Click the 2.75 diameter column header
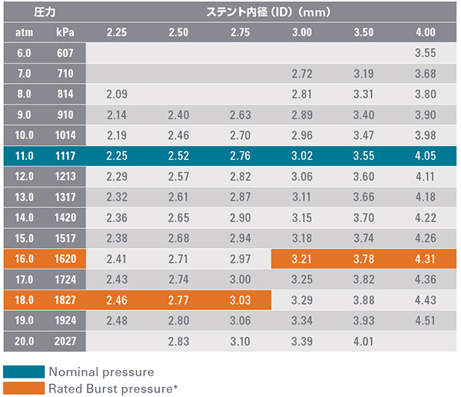(x=240, y=33)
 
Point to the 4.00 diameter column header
(x=425, y=33)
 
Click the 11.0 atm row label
(x=23, y=157)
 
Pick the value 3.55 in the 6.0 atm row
(x=425, y=54)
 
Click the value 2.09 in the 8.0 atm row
(x=117, y=95)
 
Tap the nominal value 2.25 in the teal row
(x=117, y=157)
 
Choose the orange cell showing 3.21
(x=302, y=259)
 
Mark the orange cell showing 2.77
(x=178, y=299)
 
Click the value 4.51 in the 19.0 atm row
(x=425, y=320)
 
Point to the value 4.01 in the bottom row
(x=363, y=341)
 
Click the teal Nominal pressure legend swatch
(x=23, y=372)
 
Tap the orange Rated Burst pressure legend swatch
(x=23, y=388)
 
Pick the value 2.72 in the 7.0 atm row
(x=302, y=74)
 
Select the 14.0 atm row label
(x=23, y=218)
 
